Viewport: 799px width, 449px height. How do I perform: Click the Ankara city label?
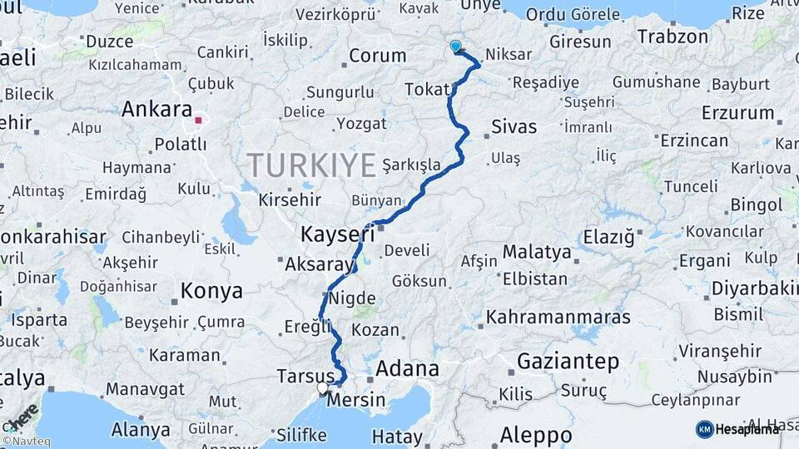point(157,110)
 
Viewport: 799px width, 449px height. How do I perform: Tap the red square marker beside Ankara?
point(198,120)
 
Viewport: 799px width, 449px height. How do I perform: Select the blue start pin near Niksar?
point(455,47)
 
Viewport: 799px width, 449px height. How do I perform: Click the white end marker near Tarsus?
point(323,387)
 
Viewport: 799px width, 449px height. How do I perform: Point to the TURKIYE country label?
point(311,165)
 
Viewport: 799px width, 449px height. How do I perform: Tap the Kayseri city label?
point(337,234)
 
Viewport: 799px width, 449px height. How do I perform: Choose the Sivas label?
point(514,127)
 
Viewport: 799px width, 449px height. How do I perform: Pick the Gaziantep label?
point(568,362)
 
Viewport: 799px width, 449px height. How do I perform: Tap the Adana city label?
point(407,368)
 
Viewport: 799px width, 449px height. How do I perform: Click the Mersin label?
point(356,401)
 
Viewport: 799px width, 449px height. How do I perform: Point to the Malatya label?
point(537,252)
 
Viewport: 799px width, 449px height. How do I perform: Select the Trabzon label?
point(673,37)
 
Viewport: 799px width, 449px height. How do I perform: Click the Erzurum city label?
point(738,113)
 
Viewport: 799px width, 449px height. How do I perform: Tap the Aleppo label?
point(536,435)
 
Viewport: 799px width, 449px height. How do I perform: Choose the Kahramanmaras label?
point(558,317)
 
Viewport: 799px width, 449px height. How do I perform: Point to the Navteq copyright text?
point(26,442)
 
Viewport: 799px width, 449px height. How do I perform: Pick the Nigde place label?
point(352,298)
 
